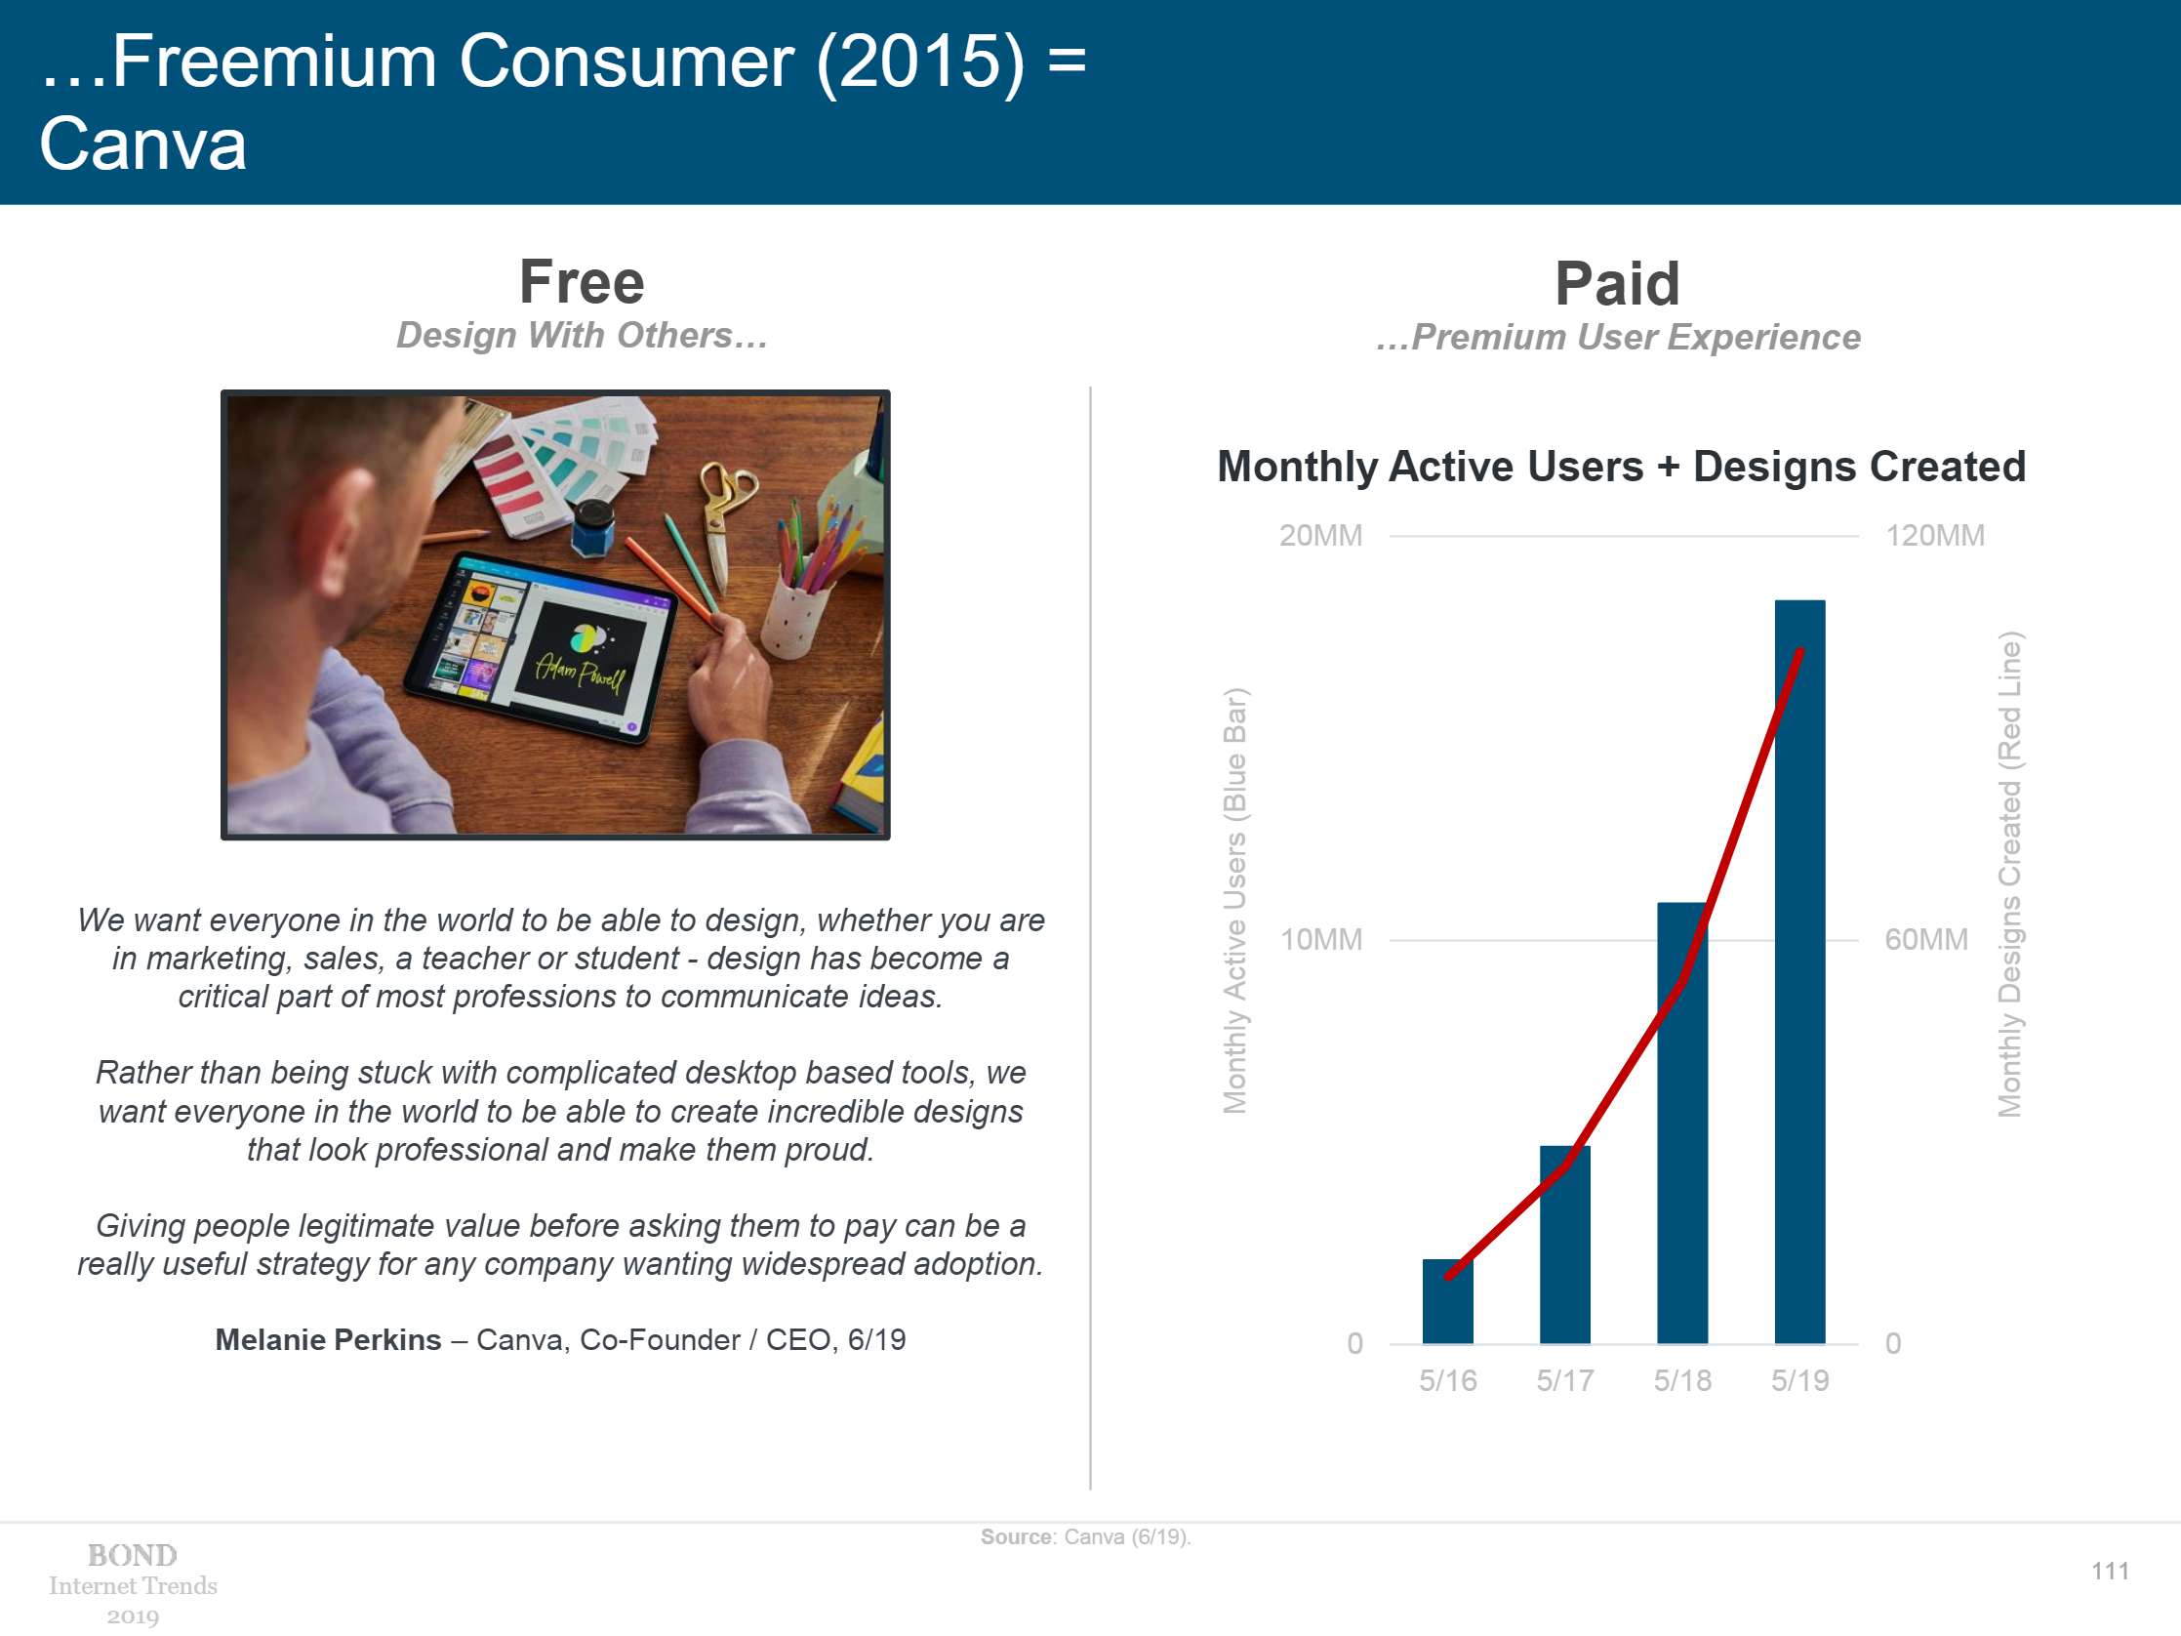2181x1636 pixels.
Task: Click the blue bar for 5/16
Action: [1447, 1301]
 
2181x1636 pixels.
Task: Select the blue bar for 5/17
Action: [1565, 1245]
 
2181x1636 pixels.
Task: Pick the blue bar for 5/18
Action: [1682, 1123]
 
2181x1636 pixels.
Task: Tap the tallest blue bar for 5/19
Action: [1799, 971]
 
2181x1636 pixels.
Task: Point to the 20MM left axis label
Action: [1320, 536]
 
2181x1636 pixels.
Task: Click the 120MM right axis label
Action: [1934, 536]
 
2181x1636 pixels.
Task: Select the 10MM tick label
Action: [1320, 939]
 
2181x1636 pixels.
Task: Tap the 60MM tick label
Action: [1925, 939]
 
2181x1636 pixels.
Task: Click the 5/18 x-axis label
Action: [1682, 1379]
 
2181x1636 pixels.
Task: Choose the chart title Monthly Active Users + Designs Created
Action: [1621, 467]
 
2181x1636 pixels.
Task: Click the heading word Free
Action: [582, 282]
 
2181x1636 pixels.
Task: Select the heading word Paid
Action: [1617, 284]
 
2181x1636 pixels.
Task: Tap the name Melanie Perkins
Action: [328, 1339]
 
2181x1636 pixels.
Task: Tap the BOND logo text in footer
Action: [133, 1555]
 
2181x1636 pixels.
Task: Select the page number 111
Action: [2109, 1571]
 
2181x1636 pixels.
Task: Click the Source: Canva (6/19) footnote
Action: [1085, 1536]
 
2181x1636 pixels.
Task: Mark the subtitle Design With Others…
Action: [582, 335]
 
